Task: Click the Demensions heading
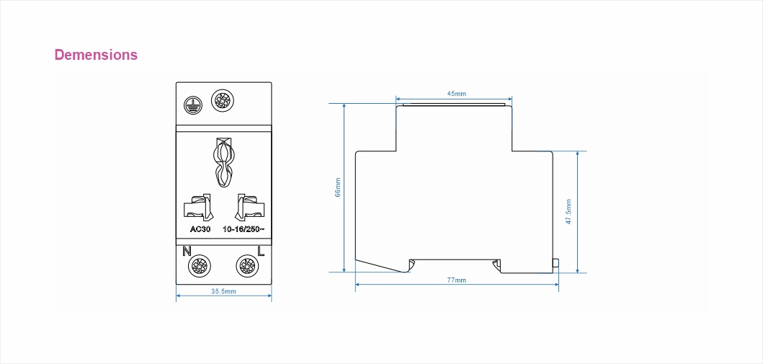click(96, 55)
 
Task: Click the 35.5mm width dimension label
click(223, 291)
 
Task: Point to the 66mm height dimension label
click(338, 187)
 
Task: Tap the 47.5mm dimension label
click(568, 212)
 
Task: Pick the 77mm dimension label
click(457, 280)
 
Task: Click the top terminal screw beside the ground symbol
click(223, 101)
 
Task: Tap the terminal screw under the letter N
click(200, 266)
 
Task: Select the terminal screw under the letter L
click(247, 266)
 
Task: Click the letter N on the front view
click(187, 251)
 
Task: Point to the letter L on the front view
click(261, 251)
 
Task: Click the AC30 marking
click(200, 229)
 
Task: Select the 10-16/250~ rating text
click(244, 229)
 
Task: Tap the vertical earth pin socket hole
click(223, 162)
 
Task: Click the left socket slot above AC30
click(199, 207)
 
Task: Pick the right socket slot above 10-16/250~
click(249, 207)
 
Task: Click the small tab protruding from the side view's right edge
click(555, 263)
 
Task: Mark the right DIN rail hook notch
click(497, 266)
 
